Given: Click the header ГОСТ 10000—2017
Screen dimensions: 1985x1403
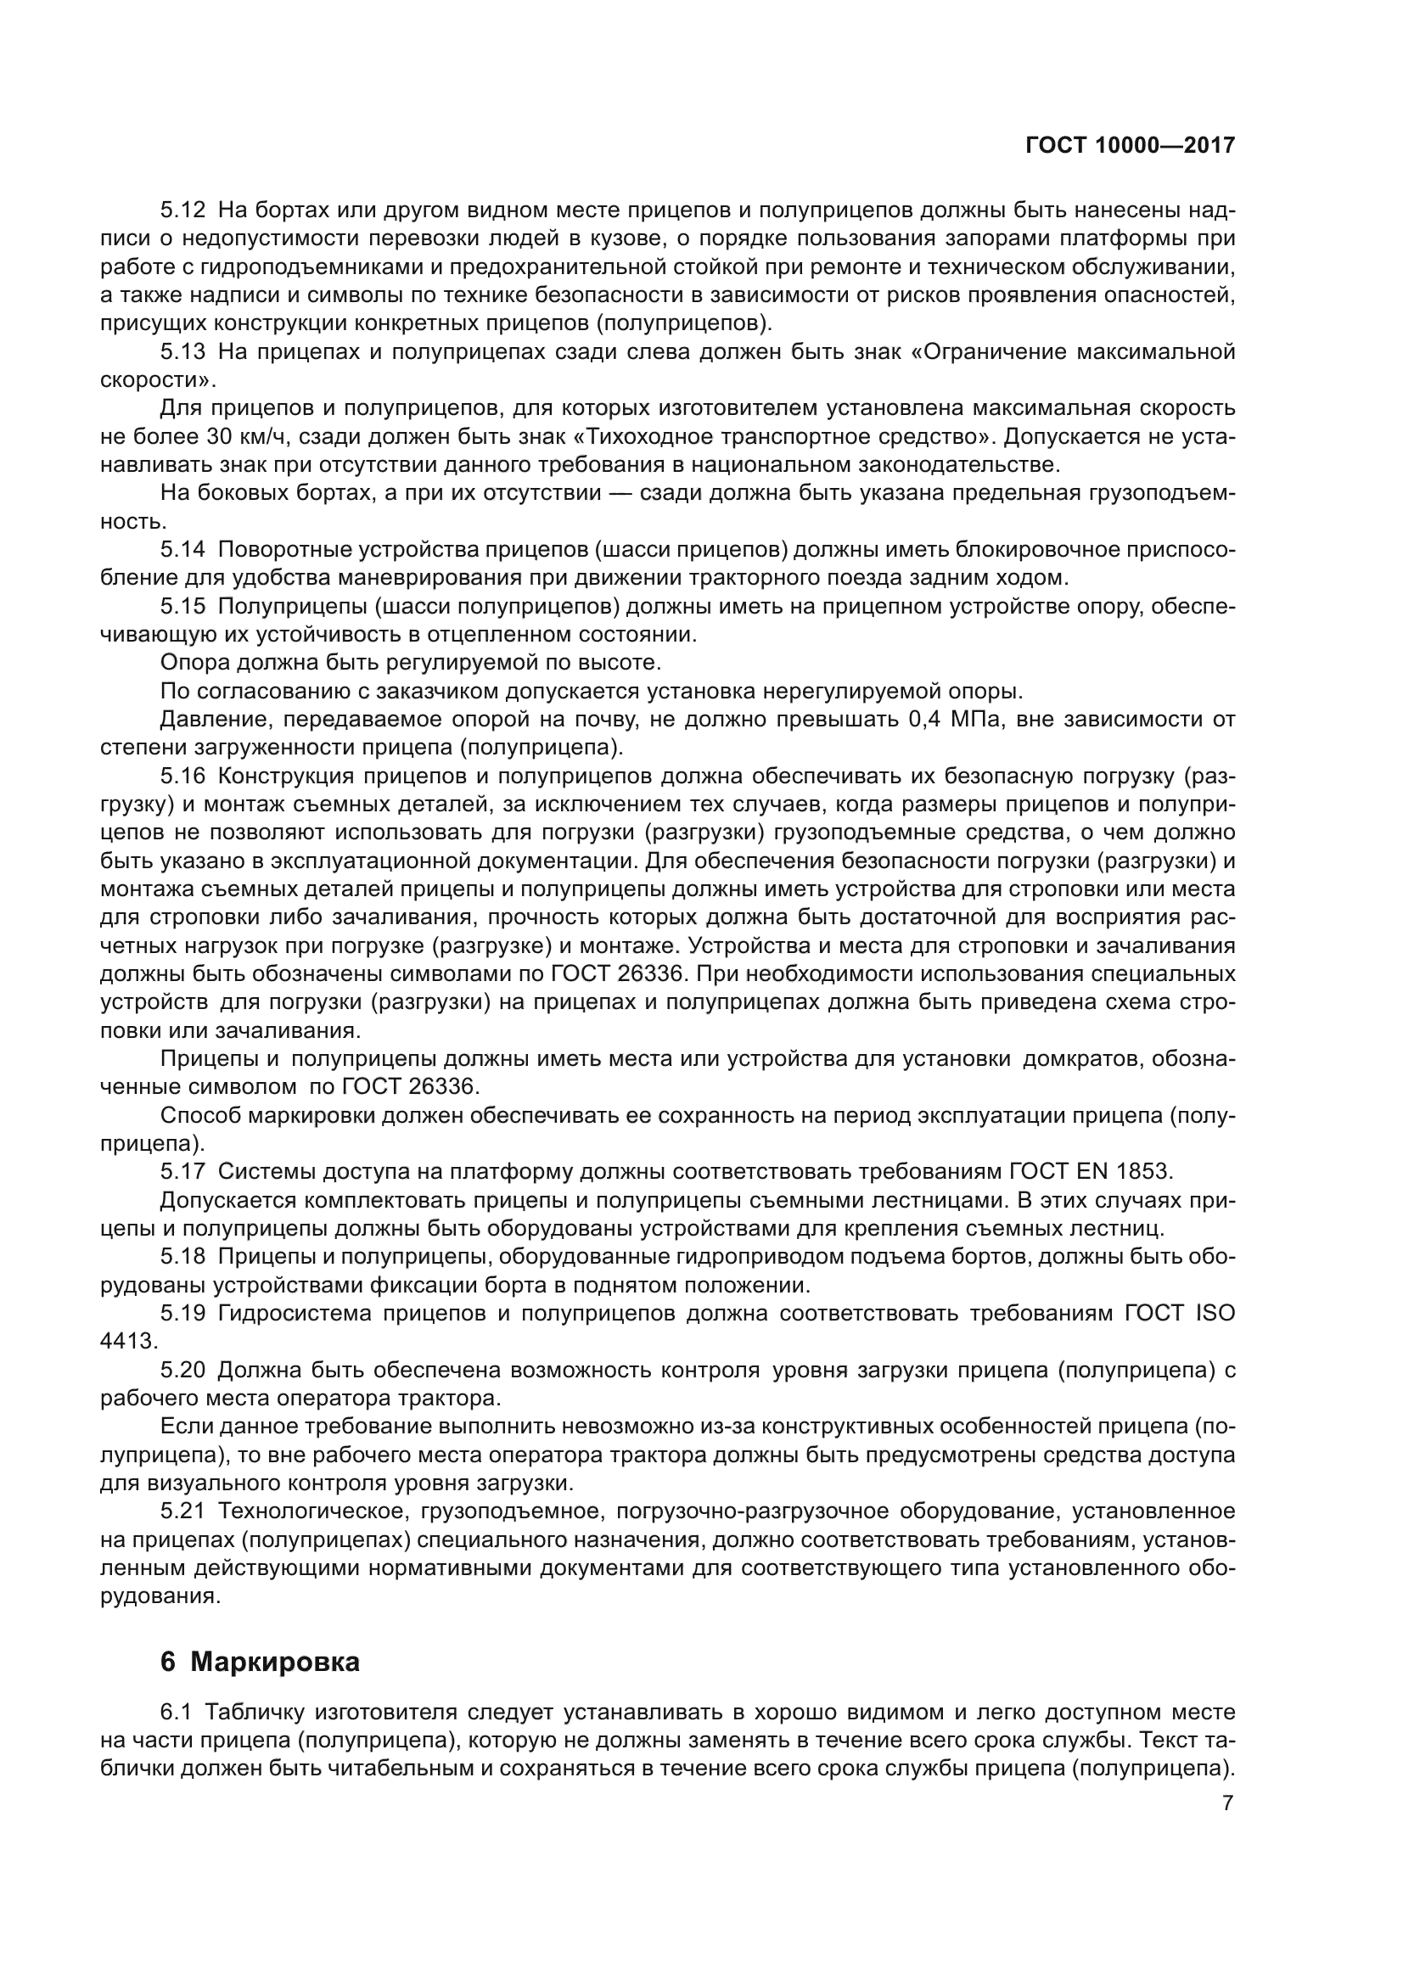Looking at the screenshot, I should tap(1130, 145).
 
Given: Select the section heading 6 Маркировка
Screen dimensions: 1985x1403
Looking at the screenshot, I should tap(260, 1662).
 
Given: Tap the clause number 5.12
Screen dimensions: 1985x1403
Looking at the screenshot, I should tap(183, 210).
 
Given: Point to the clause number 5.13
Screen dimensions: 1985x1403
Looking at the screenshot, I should tap(183, 351).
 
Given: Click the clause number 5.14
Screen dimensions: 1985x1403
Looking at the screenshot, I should tap(183, 549).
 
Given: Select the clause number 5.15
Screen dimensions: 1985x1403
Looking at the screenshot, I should tap(183, 606).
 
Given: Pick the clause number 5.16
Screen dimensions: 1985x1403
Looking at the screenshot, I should tap(183, 776).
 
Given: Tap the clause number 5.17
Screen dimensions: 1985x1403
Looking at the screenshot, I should tap(183, 1171).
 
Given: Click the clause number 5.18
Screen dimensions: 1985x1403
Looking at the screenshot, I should tap(183, 1256).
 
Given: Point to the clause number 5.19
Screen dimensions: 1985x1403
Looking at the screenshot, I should tap(183, 1313).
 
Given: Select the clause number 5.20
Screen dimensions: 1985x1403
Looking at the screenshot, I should tap(183, 1370).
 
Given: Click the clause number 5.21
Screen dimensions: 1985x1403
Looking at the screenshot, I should tap(183, 1511).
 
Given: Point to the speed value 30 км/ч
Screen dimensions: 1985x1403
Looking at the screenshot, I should tap(244, 435).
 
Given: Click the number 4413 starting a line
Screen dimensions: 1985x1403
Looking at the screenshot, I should tap(128, 1341).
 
